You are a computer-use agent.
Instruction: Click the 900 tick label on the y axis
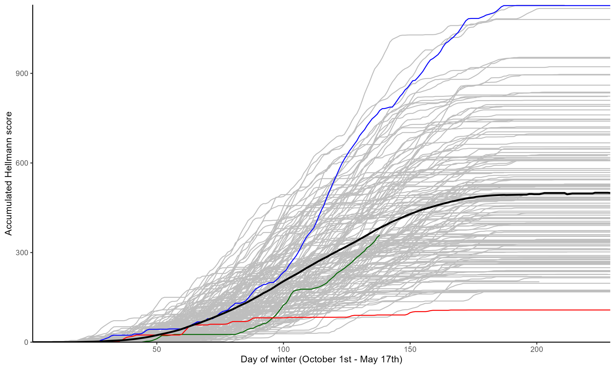click(22, 74)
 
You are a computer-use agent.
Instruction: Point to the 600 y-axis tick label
click(22, 163)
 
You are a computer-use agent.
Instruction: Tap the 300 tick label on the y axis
click(22, 253)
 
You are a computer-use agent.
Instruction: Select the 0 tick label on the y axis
click(26, 342)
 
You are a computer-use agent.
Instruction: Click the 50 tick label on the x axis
click(157, 350)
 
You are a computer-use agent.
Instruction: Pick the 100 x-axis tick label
click(283, 350)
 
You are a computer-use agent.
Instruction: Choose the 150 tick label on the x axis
click(410, 350)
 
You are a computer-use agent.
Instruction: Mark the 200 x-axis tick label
click(537, 350)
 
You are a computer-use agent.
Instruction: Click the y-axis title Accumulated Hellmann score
click(8, 173)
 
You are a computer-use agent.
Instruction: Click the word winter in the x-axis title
click(285, 359)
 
